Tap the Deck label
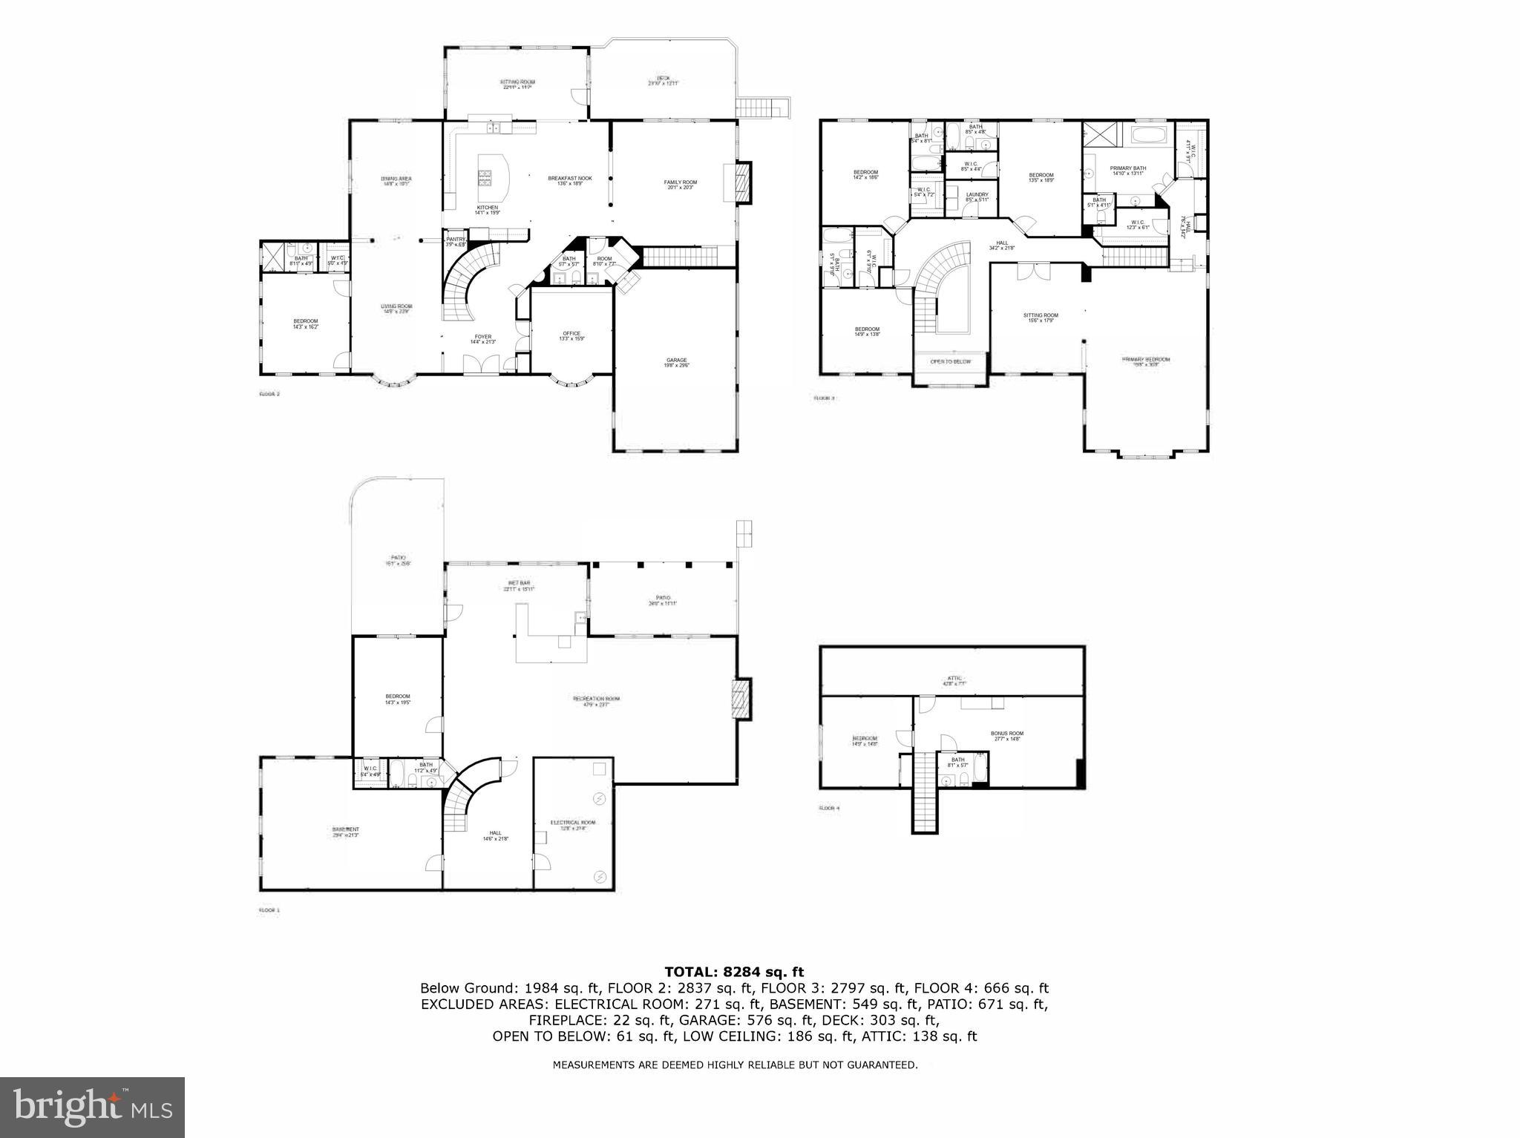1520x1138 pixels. (663, 80)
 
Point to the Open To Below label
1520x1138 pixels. (950, 362)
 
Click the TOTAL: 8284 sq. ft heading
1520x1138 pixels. (733, 972)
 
